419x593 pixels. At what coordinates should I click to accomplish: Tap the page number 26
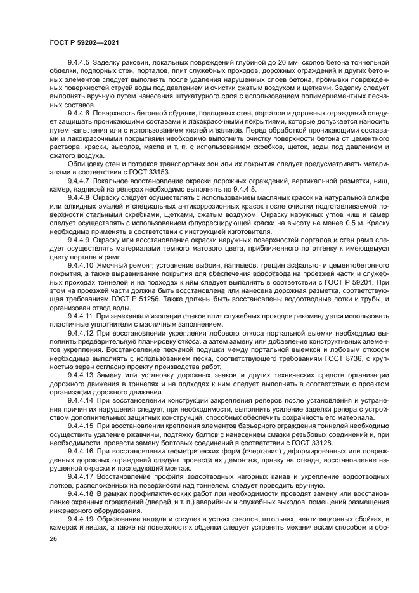pyautogui.click(x=52, y=537)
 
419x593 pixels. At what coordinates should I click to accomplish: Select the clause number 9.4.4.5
pyautogui.click(x=79, y=63)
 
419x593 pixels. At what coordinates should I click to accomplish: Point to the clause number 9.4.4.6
pyautogui.click(x=79, y=113)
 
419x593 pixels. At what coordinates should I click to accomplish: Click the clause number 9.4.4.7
pyautogui.click(x=79, y=179)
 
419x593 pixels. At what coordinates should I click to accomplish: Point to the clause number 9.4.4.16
pyautogui.click(x=81, y=451)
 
